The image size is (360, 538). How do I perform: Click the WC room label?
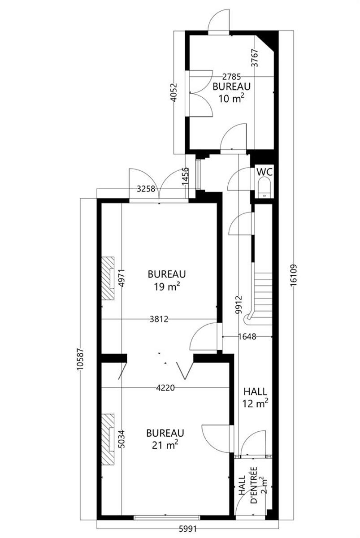265,172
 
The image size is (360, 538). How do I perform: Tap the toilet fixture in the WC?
264,187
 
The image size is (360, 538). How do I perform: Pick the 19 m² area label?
167,287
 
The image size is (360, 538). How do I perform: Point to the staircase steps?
263,295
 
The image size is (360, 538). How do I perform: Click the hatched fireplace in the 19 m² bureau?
108,278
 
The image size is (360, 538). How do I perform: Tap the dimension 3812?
159,319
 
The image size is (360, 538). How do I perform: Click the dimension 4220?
165,388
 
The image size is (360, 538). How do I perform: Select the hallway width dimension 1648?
247,337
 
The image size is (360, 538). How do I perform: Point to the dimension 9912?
239,305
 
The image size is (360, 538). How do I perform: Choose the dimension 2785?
231,77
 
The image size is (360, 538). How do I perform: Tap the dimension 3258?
146,189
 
